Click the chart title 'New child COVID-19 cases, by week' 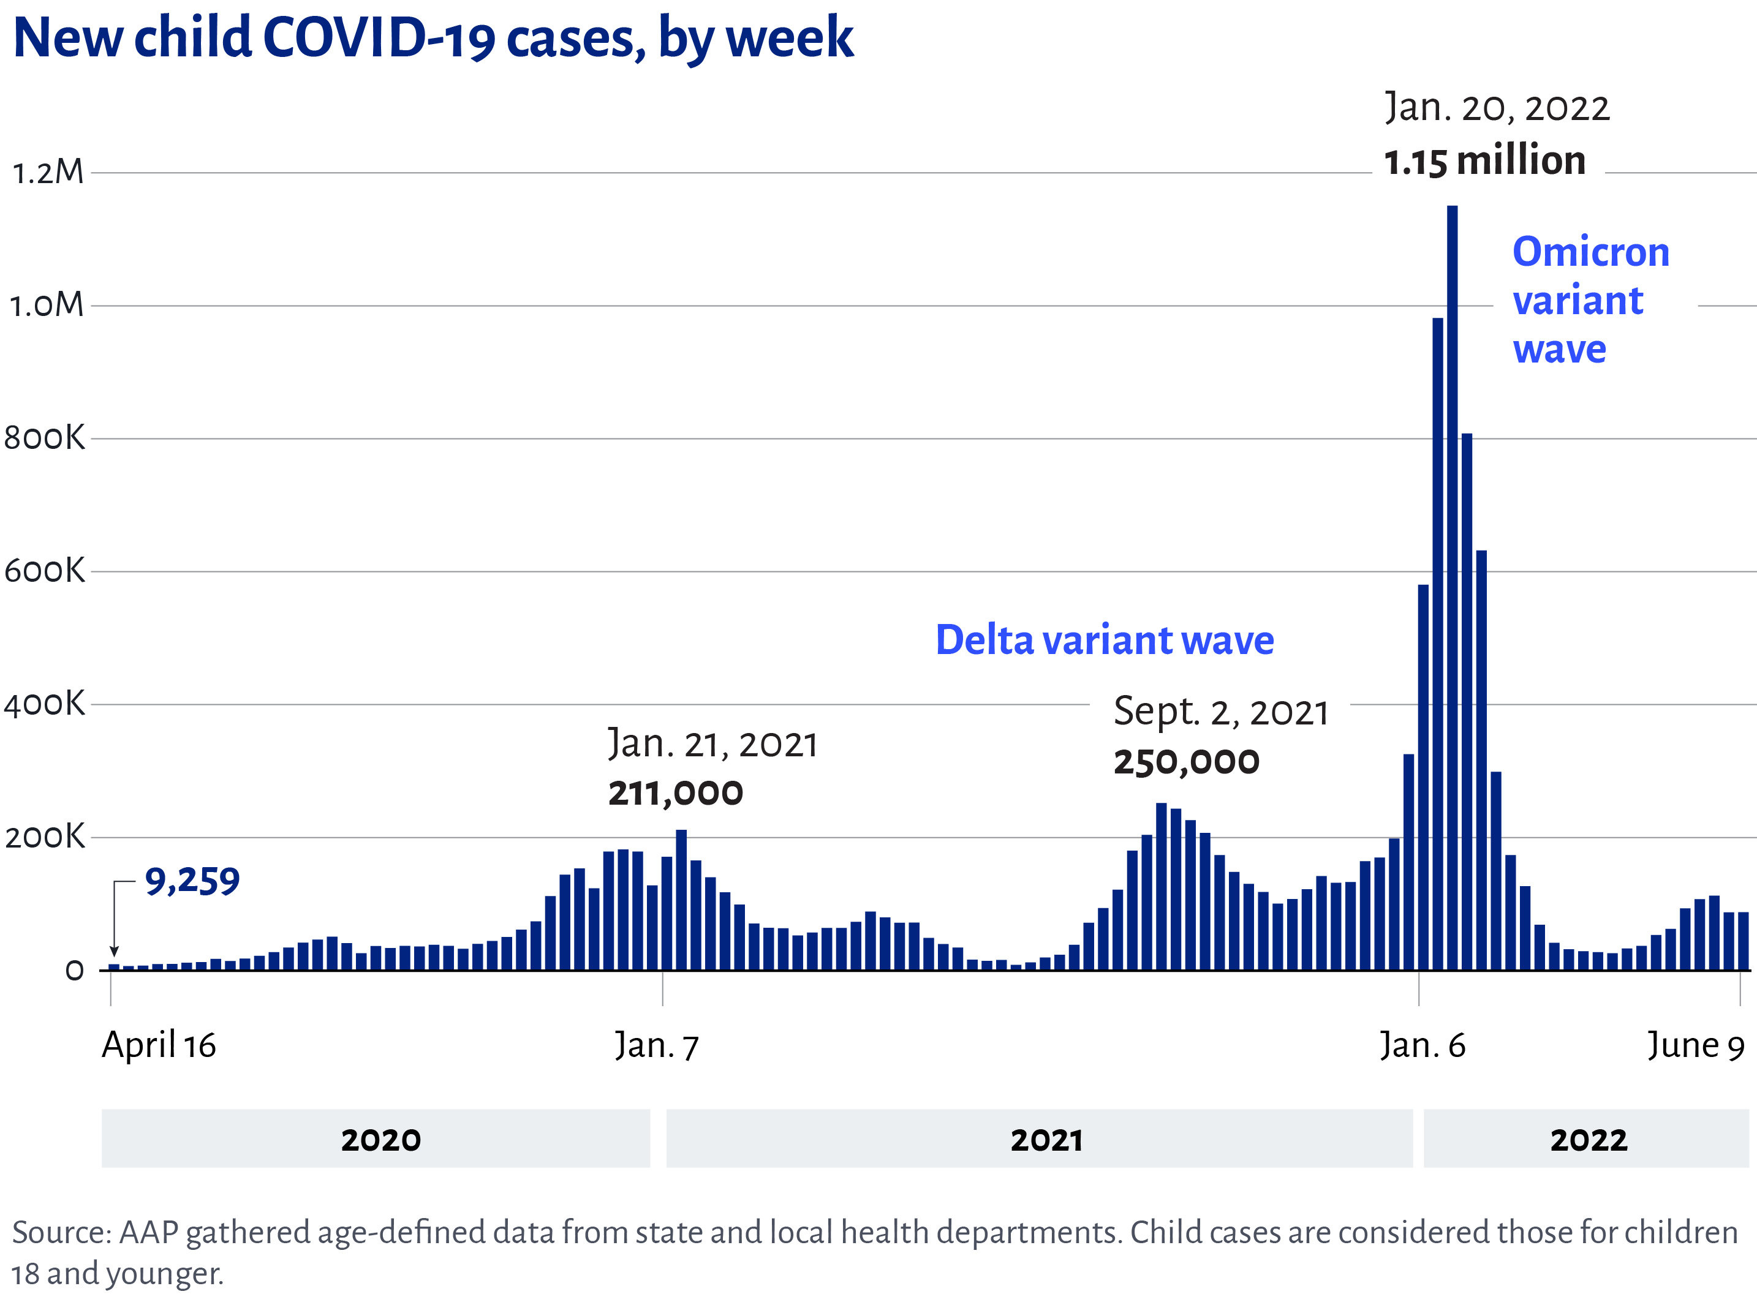(x=433, y=38)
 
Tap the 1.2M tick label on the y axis (x=47, y=172)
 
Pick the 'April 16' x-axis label (x=159, y=1045)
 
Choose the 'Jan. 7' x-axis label (x=657, y=1046)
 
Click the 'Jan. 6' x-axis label (x=1422, y=1045)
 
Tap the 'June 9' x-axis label (x=1695, y=1045)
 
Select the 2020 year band (x=376, y=1139)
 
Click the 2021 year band (x=1039, y=1139)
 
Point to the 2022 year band (x=1586, y=1139)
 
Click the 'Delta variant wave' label (x=1105, y=639)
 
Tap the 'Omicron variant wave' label (x=1590, y=300)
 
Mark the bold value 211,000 (x=676, y=793)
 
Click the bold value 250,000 (x=1186, y=762)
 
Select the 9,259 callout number (x=192, y=881)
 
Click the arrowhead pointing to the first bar (x=115, y=950)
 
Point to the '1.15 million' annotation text (x=1484, y=160)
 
